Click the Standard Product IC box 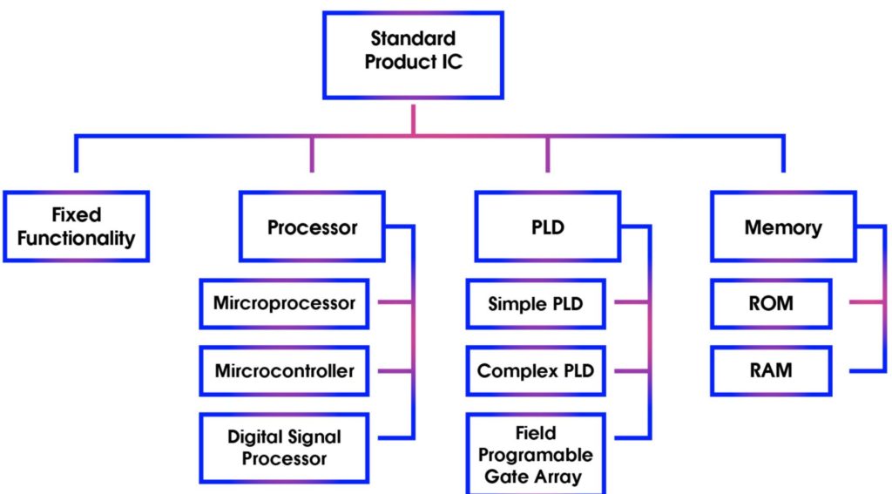413,55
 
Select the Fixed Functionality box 76,227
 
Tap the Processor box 312,227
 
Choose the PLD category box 547,227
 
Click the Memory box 782,227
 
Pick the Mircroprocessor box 285,304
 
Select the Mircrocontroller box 285,371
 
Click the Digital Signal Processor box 285,447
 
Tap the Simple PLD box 535,304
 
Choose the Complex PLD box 535,371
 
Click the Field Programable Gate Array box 535,454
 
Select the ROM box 771,304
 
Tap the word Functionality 76,238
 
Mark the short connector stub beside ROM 866,303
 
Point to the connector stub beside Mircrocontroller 395,371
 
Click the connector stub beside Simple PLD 631,303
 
